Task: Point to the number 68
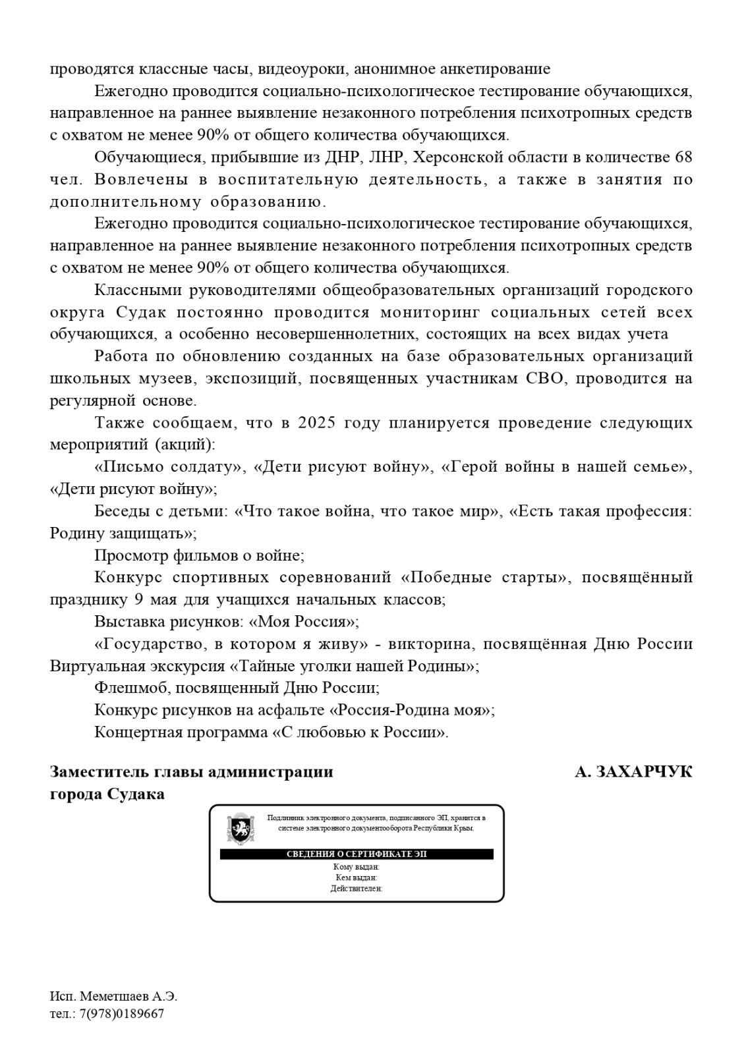click(683, 157)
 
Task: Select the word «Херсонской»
click(464, 157)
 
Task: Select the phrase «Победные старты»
click(484, 578)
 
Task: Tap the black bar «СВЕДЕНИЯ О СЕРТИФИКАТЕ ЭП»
click(357, 854)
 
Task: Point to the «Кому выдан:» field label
click(357, 868)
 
